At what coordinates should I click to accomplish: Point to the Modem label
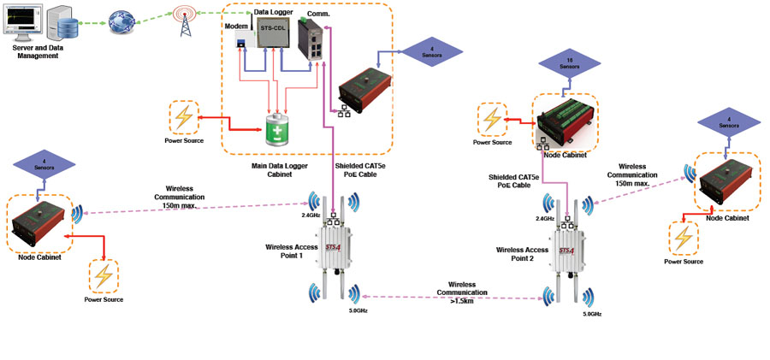coord(235,27)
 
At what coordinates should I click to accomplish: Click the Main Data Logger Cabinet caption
coord(284,169)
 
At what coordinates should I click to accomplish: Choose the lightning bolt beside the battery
coord(184,117)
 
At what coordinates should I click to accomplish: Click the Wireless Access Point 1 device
coord(333,244)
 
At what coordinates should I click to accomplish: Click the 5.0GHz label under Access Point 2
coord(592,315)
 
